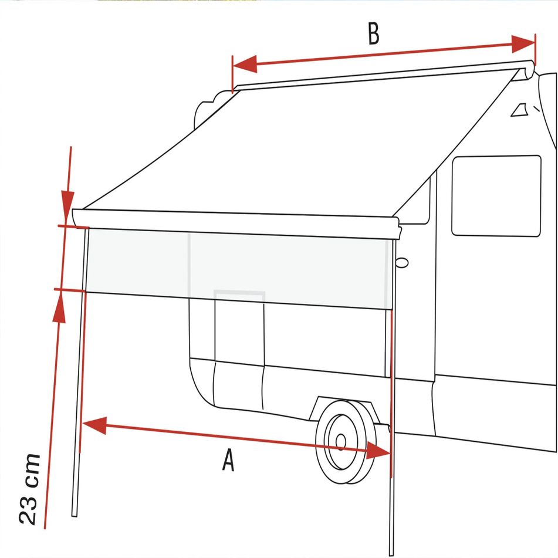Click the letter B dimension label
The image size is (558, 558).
pos(374,34)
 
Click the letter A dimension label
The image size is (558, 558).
pos(228,460)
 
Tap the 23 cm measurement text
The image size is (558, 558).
pos(30,489)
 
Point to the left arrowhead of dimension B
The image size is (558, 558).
pos(245,64)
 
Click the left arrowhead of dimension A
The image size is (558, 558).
pos(95,425)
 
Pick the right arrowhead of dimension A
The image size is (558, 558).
pos(378,451)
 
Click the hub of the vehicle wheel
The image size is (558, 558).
pos(340,442)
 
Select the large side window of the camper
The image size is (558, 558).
pos(496,196)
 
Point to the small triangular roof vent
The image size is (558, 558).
pos(519,110)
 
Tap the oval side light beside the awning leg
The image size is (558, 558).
pos(402,263)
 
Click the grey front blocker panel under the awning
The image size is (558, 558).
pos(239,269)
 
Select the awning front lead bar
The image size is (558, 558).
pos(236,224)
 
